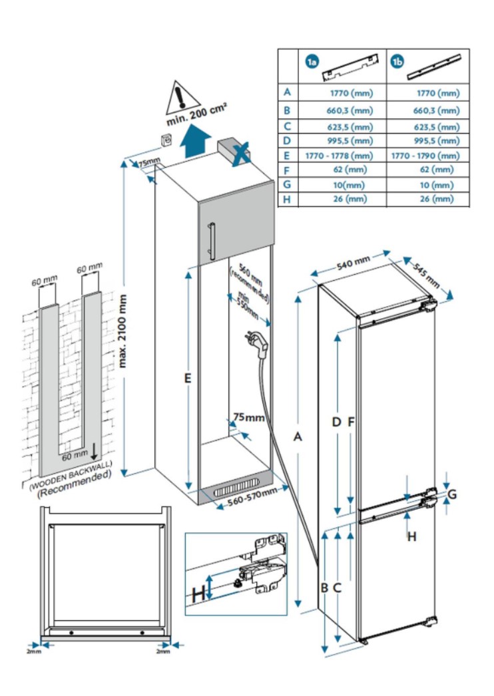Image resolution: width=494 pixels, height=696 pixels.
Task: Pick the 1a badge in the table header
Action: pyautogui.click(x=311, y=62)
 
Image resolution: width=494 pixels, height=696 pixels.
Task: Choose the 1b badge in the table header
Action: pyautogui.click(x=397, y=62)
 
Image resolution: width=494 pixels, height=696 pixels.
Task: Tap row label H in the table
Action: pyautogui.click(x=287, y=199)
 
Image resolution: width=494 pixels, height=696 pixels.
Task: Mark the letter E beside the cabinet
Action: pyautogui.click(x=188, y=379)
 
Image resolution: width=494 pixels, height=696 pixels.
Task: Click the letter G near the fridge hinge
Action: pyautogui.click(x=452, y=494)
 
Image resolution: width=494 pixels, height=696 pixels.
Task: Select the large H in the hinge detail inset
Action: pyautogui.click(x=198, y=593)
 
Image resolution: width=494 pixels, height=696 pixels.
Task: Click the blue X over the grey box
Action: pyautogui.click(x=240, y=153)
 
